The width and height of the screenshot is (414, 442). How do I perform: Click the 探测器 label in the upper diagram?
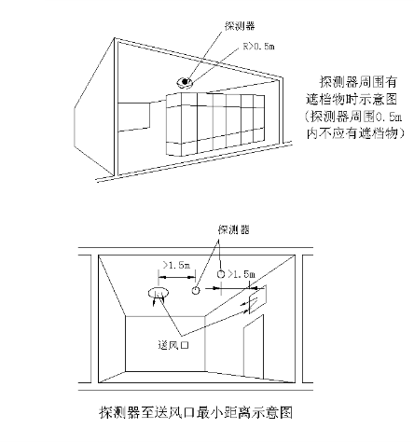tap(240, 26)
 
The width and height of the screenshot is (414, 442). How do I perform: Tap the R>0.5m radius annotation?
tap(258, 47)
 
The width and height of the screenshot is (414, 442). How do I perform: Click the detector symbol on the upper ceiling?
tap(185, 82)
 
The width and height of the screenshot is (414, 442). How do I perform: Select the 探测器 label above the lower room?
tap(234, 229)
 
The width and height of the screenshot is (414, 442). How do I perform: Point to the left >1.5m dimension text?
tap(176, 265)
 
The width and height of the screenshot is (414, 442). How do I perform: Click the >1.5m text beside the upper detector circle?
tap(241, 274)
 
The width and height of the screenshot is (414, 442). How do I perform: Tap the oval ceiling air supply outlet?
tap(159, 293)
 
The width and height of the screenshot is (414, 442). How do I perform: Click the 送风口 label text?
tap(173, 345)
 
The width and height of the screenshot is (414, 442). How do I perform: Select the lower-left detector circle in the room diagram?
tap(195, 291)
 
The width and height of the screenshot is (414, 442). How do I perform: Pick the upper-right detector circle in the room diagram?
tap(220, 274)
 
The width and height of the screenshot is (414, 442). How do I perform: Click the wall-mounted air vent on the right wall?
tap(257, 299)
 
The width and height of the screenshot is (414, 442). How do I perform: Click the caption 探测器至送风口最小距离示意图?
tap(196, 413)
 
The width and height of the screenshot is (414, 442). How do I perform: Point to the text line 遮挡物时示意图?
tap(352, 100)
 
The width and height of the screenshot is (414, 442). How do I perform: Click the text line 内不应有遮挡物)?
tap(355, 133)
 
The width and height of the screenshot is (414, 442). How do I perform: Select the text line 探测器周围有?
tap(358, 82)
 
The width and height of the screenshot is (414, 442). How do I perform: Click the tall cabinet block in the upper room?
tap(215, 124)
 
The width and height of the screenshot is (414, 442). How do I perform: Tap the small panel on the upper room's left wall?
tap(134, 117)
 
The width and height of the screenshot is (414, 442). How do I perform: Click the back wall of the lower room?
tap(165, 344)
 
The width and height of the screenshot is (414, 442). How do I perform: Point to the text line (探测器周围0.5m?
tap(353, 117)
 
